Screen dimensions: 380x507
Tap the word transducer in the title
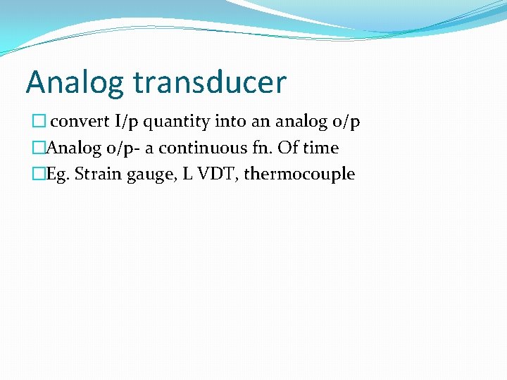(208, 82)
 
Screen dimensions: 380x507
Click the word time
(321, 148)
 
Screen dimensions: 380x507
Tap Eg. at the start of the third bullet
(58, 174)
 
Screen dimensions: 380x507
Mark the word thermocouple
(299, 174)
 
